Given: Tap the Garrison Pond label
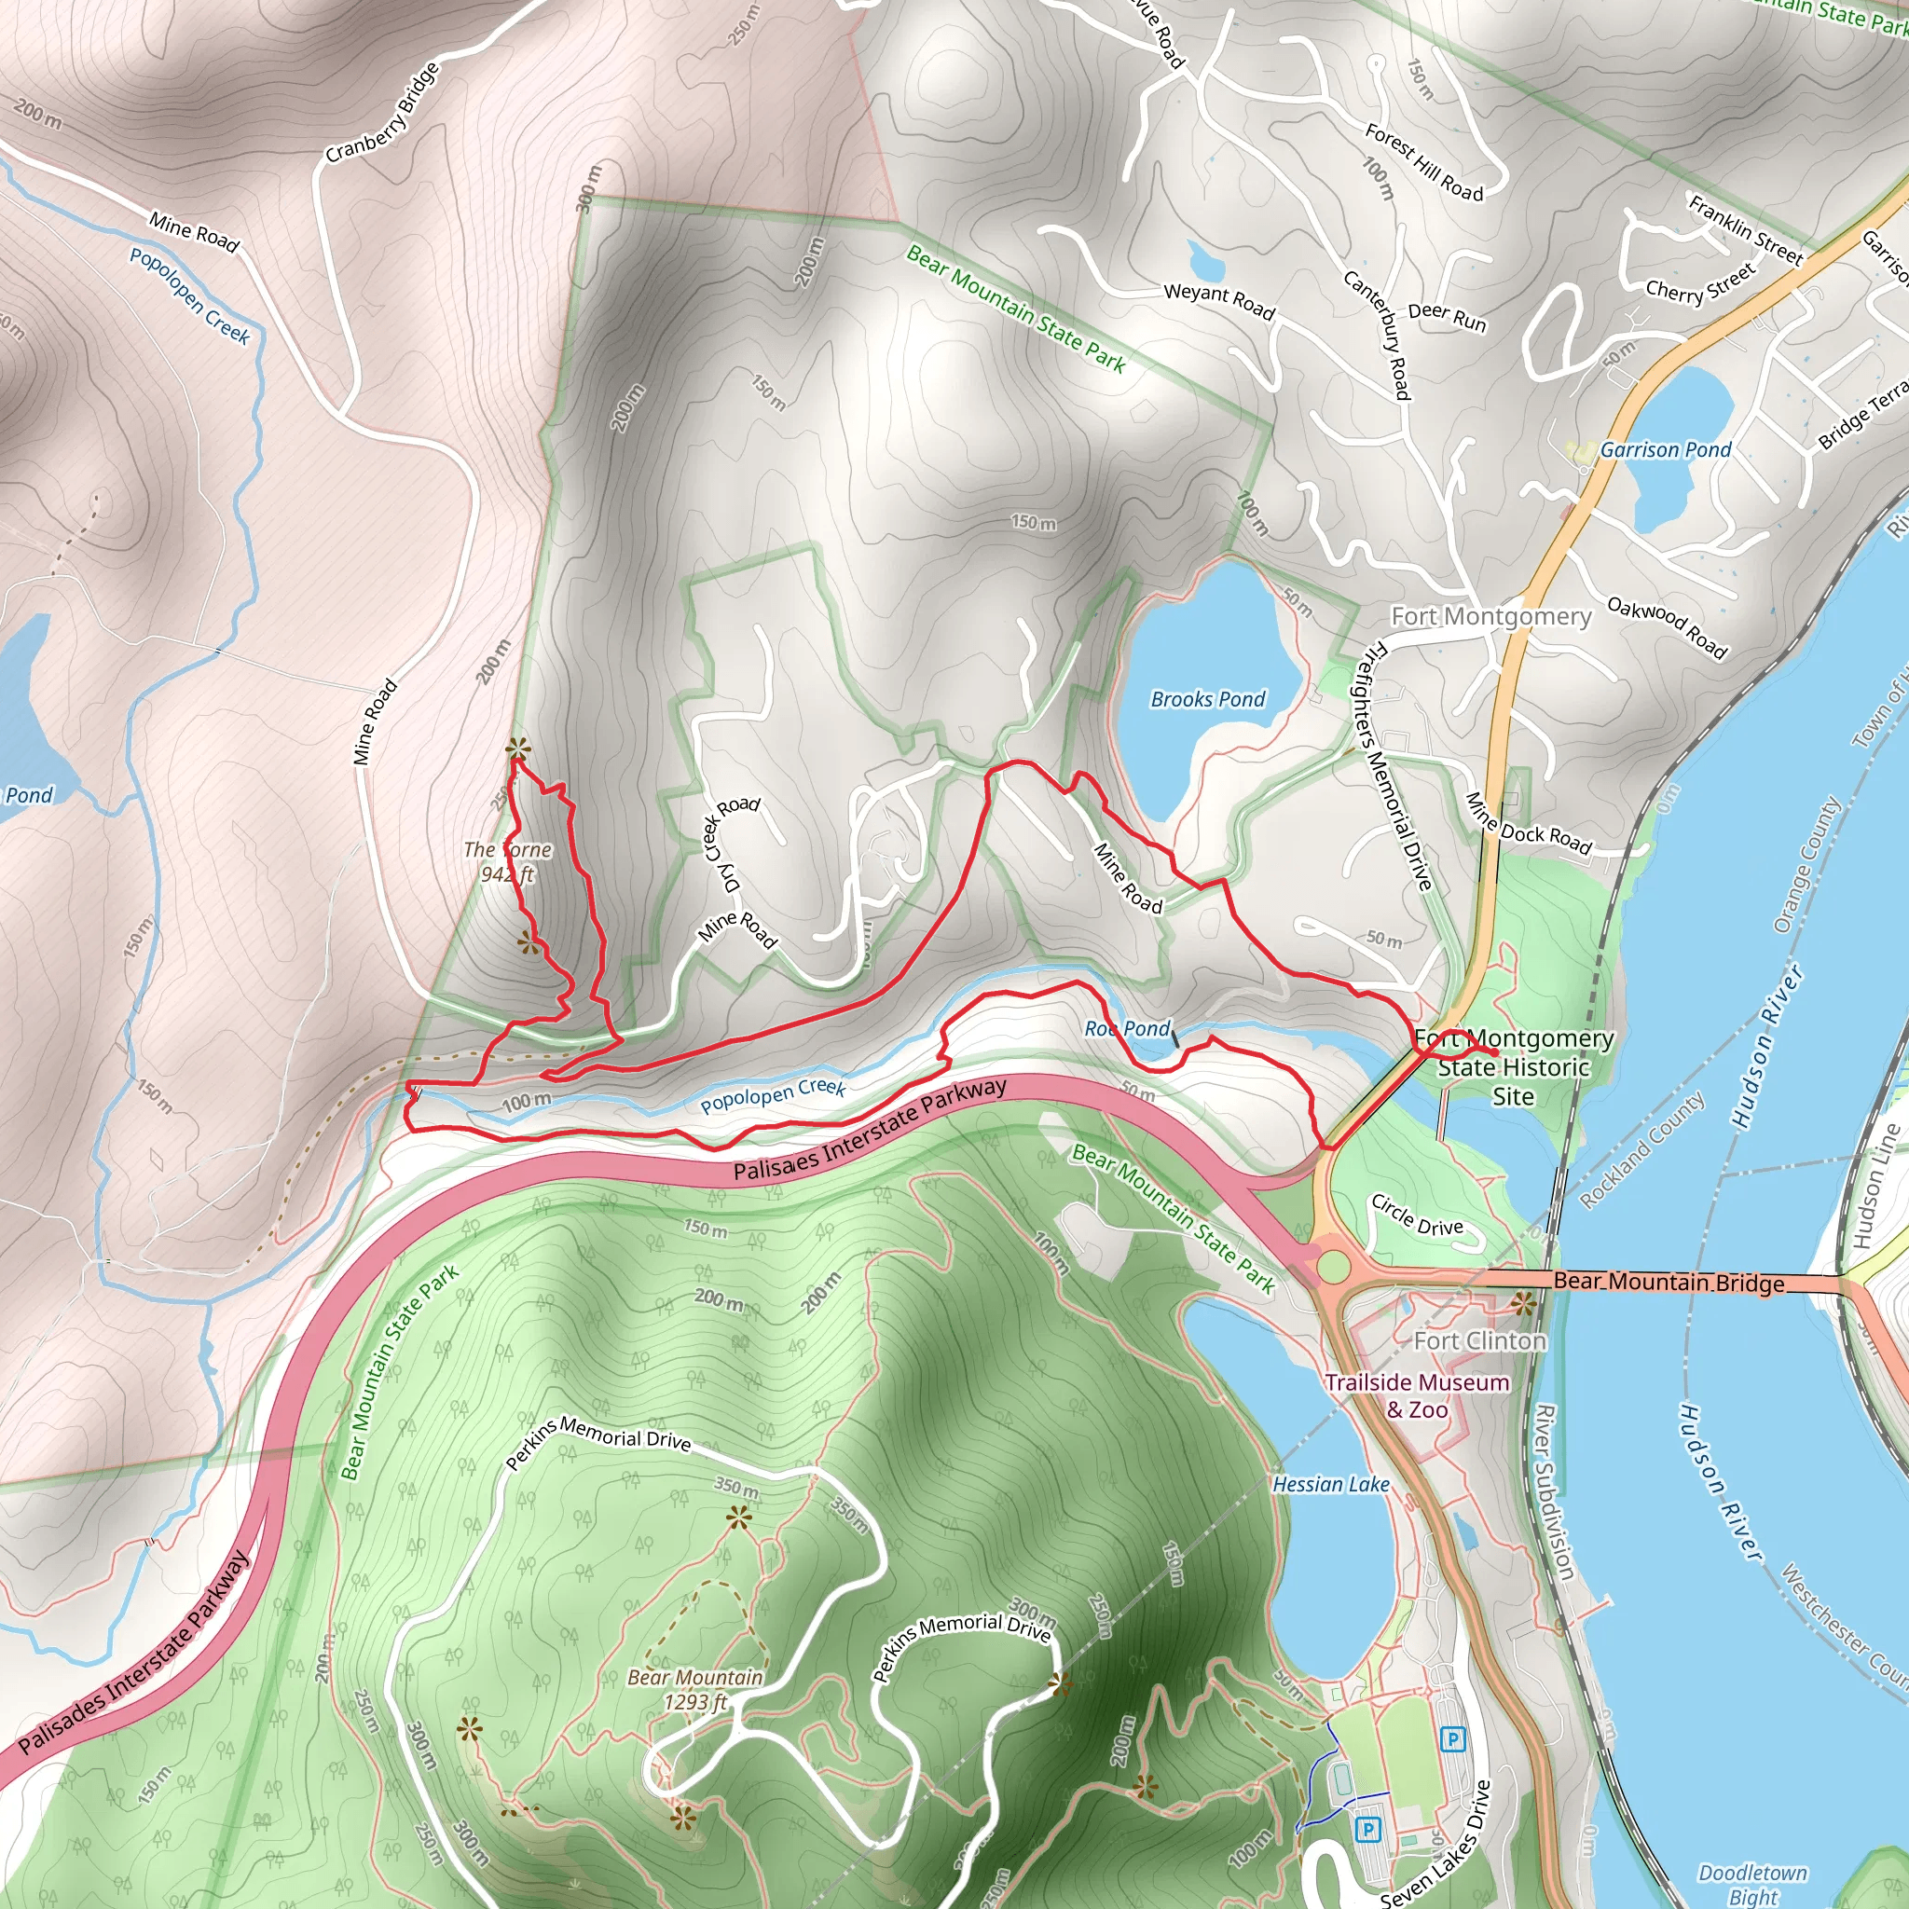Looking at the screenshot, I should tap(1665, 449).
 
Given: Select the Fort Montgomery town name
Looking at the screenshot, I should tap(1490, 616).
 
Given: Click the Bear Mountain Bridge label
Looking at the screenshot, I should tap(1668, 1282).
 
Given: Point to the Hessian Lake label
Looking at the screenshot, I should tap(1330, 1484).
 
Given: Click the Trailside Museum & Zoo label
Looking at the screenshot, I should tap(1417, 1395).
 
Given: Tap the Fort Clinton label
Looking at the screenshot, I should tap(1479, 1340).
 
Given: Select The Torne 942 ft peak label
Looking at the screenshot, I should tap(508, 861).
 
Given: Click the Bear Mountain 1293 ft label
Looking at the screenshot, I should tap(695, 1689).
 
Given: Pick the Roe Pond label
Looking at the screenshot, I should tap(1126, 1029).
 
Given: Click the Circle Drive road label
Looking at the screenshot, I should tap(1416, 1215).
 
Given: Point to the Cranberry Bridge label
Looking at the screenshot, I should tap(382, 113).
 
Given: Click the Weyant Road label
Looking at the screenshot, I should tap(1218, 299).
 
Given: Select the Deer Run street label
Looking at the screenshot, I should tap(1447, 316).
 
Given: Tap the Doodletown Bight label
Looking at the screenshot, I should tap(1751, 1884).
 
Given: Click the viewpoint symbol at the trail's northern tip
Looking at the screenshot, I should tap(515, 748).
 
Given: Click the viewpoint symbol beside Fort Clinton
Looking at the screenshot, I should tap(1523, 1303).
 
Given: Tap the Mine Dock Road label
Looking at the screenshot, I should tap(1528, 823).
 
